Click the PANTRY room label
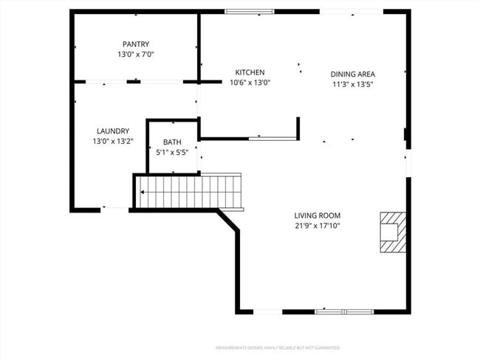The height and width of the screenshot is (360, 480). coord(136,44)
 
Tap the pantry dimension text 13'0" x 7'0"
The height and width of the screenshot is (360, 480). coord(136,55)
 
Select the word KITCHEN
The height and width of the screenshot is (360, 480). coord(250,72)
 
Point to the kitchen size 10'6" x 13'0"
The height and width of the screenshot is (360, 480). coord(250,83)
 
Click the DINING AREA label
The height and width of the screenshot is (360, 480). coord(353,74)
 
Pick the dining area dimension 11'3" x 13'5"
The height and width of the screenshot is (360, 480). coord(353,84)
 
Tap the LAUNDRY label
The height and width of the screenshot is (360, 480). coord(113,131)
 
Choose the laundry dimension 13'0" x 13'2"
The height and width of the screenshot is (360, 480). coord(113,142)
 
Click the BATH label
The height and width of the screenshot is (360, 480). coord(172,142)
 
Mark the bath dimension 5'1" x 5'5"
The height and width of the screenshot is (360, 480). coord(172,153)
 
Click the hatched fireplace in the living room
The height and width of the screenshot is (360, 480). coord(393,232)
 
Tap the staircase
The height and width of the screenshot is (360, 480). coord(189,192)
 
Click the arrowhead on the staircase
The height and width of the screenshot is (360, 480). coord(142,193)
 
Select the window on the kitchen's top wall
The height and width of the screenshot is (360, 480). coord(249,11)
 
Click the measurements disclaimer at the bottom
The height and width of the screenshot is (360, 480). coord(278,347)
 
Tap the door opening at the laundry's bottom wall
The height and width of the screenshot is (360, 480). coord(114,210)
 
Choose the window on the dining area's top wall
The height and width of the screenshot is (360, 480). coord(352,11)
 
